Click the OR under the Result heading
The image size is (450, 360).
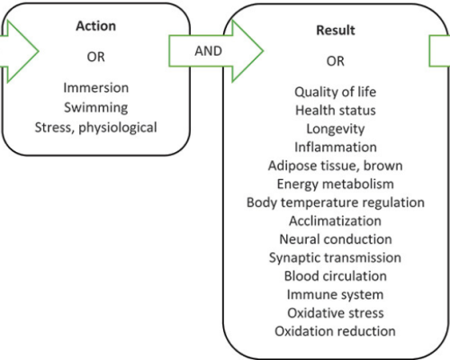336,61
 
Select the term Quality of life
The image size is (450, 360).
336,92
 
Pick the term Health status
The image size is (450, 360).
336,111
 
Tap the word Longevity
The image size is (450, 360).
336,129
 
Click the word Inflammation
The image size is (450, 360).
336,148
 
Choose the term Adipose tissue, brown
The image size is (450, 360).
336,166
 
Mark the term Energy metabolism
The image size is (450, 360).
336,184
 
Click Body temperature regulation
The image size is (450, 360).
336,202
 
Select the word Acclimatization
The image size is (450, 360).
336,220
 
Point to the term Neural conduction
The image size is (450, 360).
336,239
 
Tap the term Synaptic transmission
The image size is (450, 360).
336,257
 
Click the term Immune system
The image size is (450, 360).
336,294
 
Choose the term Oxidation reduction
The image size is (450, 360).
336,331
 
